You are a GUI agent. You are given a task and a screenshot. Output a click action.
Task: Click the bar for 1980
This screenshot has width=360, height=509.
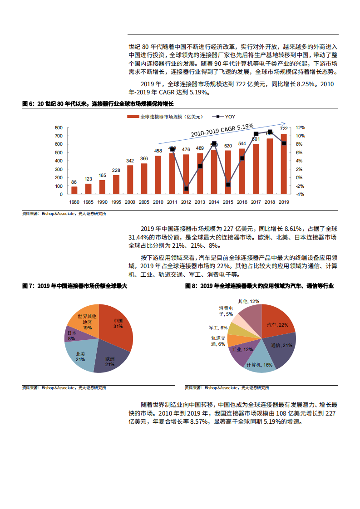[x=74, y=190]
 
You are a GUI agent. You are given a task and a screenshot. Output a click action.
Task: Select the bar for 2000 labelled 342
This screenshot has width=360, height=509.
[x=130, y=180]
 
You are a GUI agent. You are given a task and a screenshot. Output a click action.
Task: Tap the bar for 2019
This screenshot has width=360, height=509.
[x=284, y=164]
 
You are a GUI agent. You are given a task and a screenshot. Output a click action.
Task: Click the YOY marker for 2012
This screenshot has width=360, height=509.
[x=186, y=188]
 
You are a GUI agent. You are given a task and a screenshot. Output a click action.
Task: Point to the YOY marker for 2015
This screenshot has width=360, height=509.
[x=228, y=185]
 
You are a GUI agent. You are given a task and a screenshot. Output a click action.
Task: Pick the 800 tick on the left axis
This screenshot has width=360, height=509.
[x=58, y=127]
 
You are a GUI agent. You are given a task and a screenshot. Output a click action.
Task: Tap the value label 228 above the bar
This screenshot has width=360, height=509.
[x=116, y=171]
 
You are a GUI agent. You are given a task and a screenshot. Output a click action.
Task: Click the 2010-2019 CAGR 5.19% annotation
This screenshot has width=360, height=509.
[x=222, y=131]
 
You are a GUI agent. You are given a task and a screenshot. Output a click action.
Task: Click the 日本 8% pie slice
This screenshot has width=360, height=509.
[x=74, y=336]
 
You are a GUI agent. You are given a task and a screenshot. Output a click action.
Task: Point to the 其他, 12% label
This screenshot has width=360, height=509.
[x=248, y=301]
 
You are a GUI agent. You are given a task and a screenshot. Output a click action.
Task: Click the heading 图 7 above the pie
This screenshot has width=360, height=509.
[x=75, y=286]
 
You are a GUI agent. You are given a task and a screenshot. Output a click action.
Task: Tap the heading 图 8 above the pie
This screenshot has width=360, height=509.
[x=259, y=286]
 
